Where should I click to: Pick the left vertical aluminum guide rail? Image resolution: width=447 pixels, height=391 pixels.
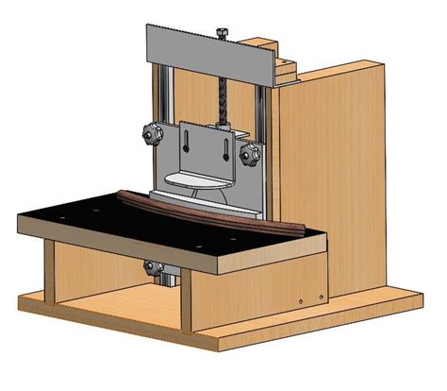pyautogui.click(x=163, y=104)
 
